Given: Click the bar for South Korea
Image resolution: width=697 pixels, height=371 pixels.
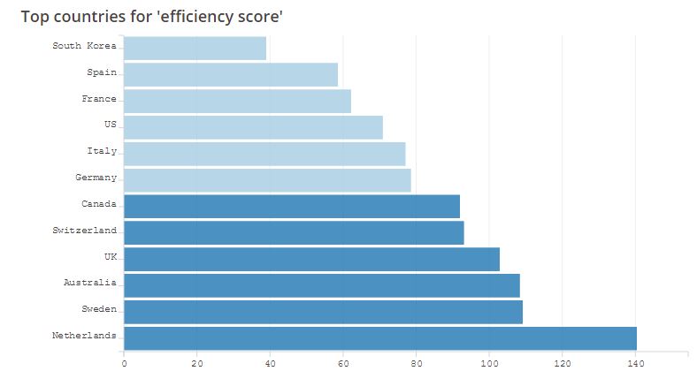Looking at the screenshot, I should pos(195,49).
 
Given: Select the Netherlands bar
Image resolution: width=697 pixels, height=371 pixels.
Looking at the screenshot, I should pos(380,337).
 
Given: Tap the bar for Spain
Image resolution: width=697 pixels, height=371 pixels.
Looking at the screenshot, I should pos(231,75).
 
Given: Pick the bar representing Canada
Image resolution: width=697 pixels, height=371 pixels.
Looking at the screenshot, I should pos(292,206).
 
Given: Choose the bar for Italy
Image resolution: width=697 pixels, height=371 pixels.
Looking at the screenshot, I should pos(264,154).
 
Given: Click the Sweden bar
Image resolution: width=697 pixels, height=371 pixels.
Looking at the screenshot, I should pos(323,312).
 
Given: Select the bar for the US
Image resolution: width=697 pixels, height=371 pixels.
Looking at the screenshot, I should pos(253,127).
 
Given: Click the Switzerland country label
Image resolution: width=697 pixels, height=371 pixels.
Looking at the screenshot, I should pos(85,231).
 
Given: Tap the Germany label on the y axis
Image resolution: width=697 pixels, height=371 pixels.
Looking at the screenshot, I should pos(96,178).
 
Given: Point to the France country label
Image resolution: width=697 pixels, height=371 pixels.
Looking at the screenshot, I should pos(99,99).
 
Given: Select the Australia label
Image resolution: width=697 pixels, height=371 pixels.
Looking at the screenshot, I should pos(90,283).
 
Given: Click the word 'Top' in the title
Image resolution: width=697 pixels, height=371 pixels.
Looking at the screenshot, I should pos(36,17).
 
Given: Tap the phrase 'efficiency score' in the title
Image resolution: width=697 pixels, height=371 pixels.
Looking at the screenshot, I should pos(220,17).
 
